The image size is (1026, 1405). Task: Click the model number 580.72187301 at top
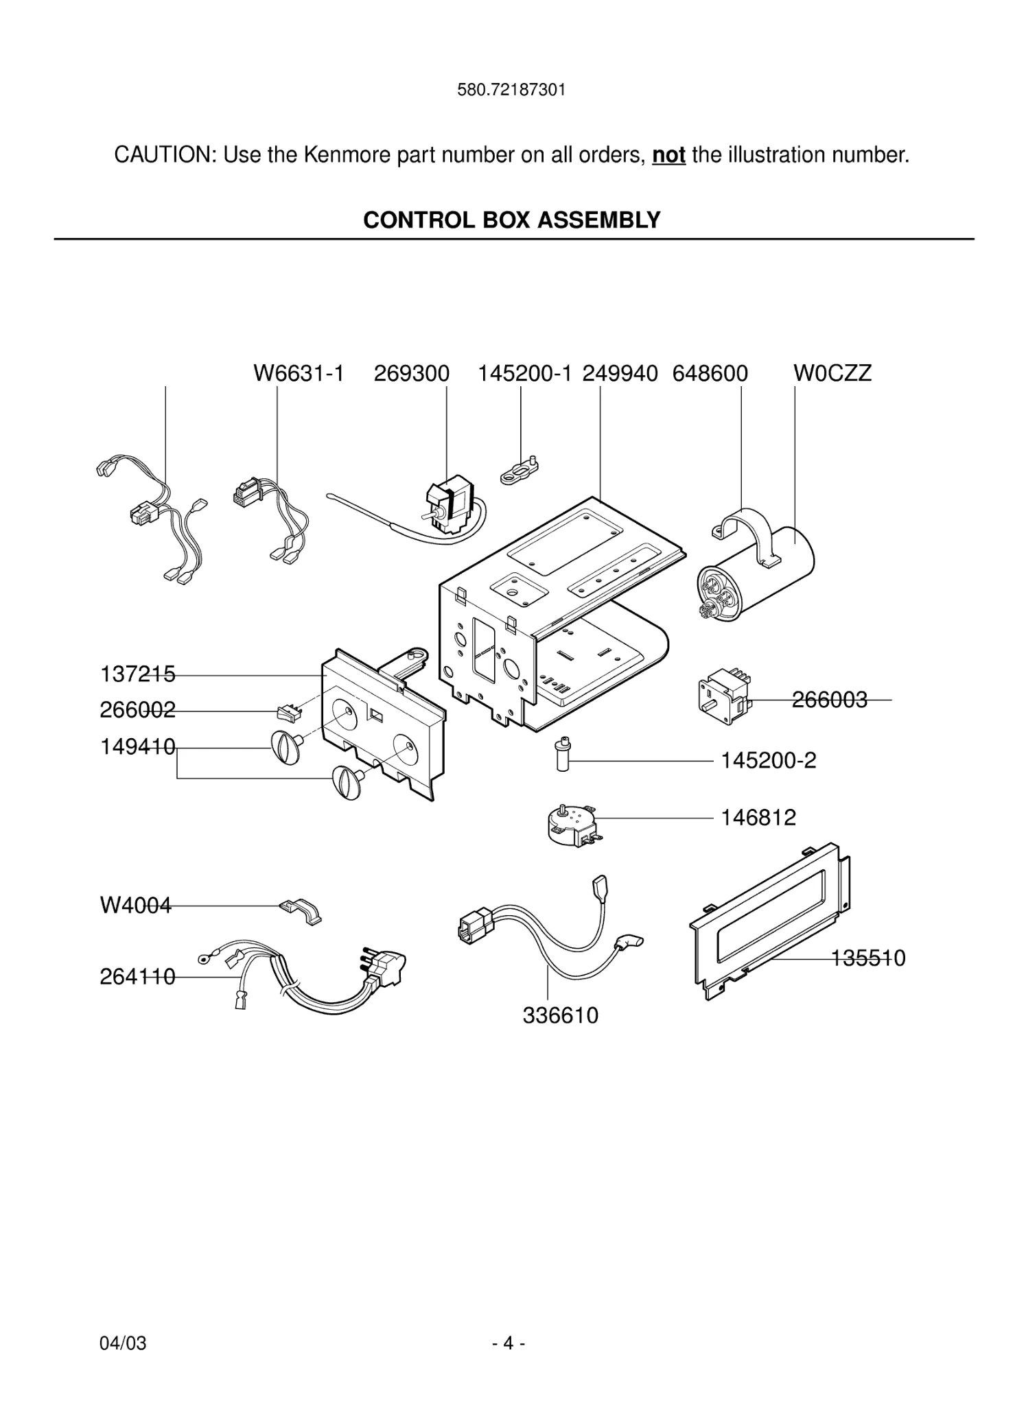(511, 90)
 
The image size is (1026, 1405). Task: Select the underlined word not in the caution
(668, 155)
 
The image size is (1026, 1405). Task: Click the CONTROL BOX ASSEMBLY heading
(511, 220)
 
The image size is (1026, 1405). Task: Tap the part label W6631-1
(299, 373)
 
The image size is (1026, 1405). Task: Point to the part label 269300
(411, 373)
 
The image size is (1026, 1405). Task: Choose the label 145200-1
(524, 373)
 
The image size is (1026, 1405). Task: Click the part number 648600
(710, 373)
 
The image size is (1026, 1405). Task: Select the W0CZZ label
(832, 373)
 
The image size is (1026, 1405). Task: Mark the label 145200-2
(768, 761)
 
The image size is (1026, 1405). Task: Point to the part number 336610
(560, 1015)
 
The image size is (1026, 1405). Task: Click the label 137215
(137, 674)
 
